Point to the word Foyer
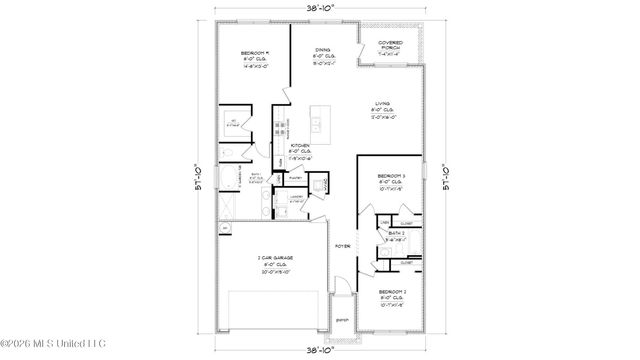(x=341, y=243)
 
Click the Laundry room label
(x=296, y=197)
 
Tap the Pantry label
(x=296, y=173)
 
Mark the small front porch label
(x=342, y=320)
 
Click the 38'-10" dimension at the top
(x=321, y=7)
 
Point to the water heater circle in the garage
(x=225, y=228)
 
